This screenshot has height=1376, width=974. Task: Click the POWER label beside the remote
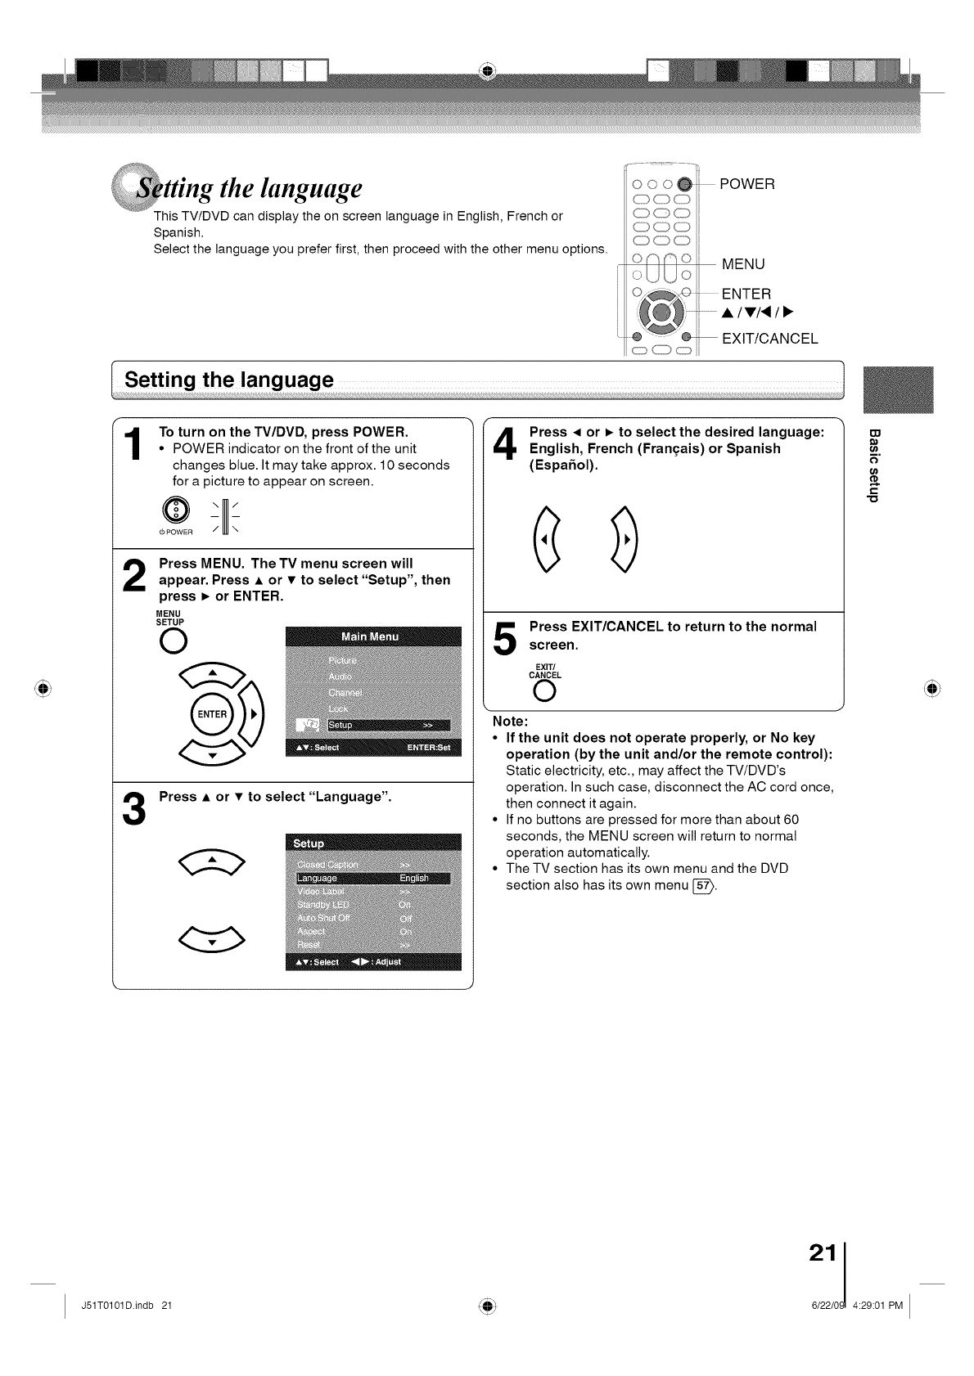(746, 184)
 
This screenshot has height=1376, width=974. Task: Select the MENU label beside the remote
(742, 264)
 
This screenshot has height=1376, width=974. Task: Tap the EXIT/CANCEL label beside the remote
(769, 339)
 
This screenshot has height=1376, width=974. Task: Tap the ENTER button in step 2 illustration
(212, 714)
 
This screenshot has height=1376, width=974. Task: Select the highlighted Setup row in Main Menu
(388, 725)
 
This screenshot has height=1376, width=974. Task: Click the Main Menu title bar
(372, 637)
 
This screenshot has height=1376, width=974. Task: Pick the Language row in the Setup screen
(372, 878)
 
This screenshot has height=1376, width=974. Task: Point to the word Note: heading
(510, 722)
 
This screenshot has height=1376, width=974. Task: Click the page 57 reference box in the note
(702, 884)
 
